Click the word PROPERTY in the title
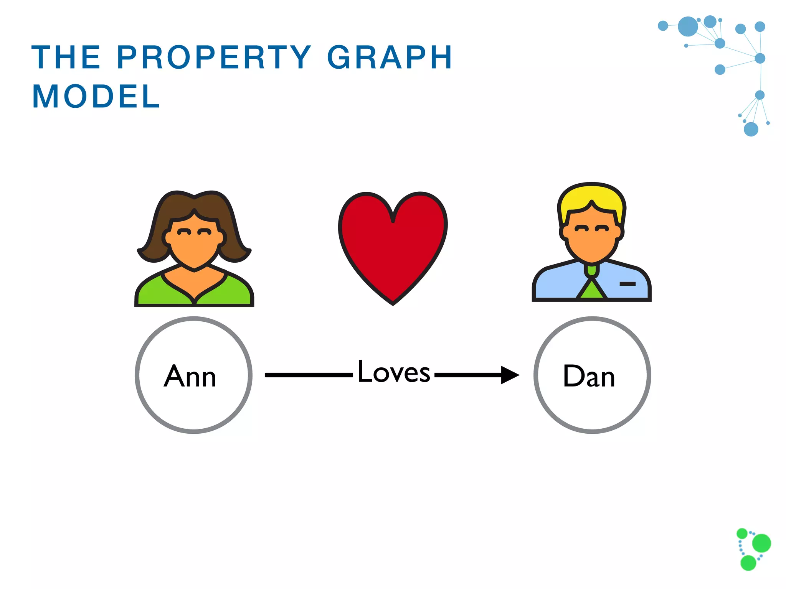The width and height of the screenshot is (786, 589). pyautogui.click(x=214, y=58)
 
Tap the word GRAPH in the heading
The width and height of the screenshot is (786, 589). pyautogui.click(x=390, y=58)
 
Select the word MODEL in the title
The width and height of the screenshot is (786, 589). pyautogui.click(x=96, y=97)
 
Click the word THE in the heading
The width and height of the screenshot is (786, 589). pyautogui.click(x=66, y=58)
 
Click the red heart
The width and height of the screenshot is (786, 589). pyautogui.click(x=393, y=245)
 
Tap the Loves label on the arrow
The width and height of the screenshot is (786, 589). pyautogui.click(x=394, y=372)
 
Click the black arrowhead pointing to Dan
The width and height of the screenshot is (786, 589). pyautogui.click(x=510, y=375)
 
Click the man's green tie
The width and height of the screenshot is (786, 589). pyautogui.click(x=592, y=290)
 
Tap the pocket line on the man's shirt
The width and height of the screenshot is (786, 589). pyautogui.click(x=627, y=284)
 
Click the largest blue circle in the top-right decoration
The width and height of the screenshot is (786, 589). pyautogui.click(x=688, y=26)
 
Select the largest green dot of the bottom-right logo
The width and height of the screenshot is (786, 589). pyautogui.click(x=761, y=543)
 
